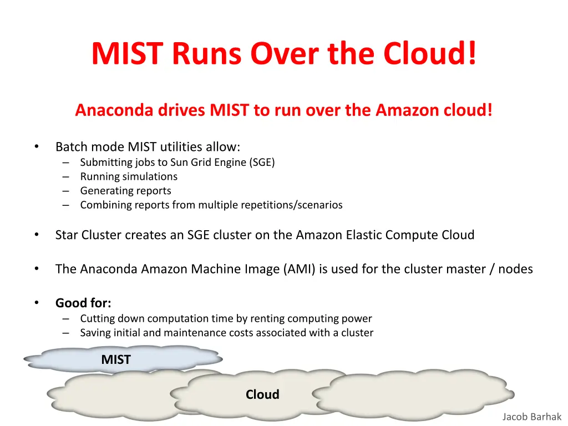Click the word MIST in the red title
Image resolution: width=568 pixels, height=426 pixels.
[x=128, y=54]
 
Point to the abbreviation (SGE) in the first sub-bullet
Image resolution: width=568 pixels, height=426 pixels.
[x=262, y=163]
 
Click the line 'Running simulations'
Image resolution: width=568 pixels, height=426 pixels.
[x=129, y=176]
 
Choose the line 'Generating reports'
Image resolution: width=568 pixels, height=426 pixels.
[x=125, y=191]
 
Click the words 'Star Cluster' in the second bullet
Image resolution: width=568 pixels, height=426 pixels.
[x=88, y=235]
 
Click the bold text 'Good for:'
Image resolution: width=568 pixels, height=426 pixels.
[x=83, y=303]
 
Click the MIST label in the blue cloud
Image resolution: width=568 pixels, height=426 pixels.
[x=116, y=360]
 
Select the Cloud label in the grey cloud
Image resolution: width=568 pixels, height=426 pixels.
[x=262, y=395]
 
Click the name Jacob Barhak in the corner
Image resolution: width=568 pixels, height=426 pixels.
[x=532, y=417]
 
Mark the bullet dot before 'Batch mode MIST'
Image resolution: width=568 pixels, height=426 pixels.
[x=36, y=146]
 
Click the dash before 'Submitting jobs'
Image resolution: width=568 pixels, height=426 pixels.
[x=66, y=163]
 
